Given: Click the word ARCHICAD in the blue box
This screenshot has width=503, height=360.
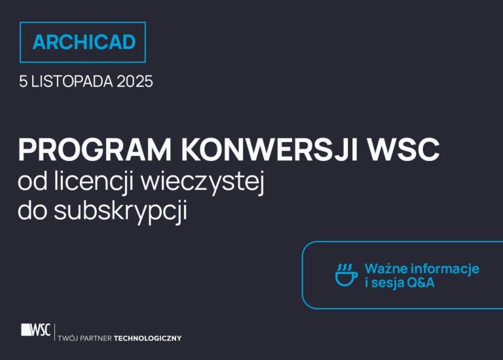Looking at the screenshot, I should coord(84,43).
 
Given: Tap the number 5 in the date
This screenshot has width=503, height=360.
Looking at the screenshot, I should coord(24,82).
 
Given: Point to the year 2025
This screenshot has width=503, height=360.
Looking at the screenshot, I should coord(134,82).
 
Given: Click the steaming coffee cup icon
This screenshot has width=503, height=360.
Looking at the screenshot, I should coord(346,276).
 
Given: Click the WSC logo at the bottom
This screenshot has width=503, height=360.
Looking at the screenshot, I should coord(35,330).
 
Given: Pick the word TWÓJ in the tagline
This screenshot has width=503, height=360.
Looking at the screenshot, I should coord(67,338).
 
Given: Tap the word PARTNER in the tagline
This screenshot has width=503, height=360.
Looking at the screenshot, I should coord(96,338).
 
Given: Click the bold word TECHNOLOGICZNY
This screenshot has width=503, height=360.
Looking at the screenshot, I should coord(147,338).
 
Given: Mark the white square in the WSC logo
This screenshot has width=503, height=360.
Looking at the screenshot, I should coord(26,330).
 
